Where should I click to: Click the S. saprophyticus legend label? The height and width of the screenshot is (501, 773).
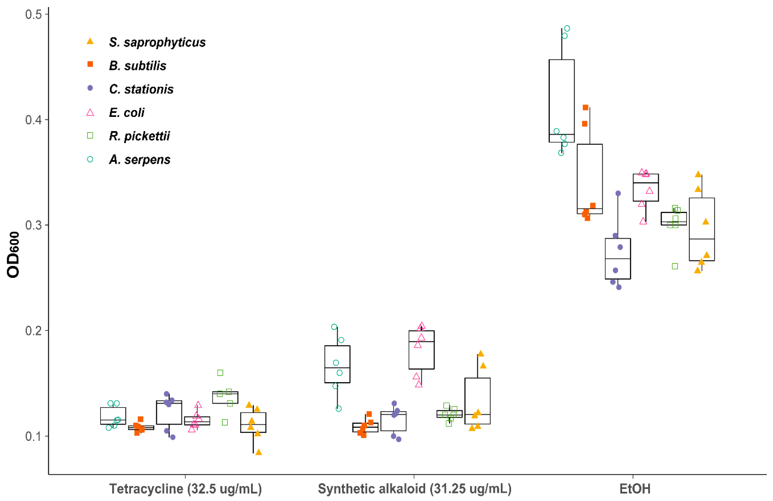point(157,42)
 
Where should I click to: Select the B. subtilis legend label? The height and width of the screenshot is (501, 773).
point(138,66)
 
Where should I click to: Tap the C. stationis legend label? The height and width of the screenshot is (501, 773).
point(141,89)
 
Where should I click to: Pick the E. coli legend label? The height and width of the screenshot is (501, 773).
point(127,113)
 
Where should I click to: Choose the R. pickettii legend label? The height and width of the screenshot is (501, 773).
point(139,136)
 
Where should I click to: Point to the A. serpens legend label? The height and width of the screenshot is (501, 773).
point(140,159)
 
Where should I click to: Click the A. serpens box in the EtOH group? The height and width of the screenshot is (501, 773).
point(562,101)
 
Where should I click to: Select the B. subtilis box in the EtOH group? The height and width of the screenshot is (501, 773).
point(590,179)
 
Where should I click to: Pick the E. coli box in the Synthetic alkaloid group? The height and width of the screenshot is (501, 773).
point(421,350)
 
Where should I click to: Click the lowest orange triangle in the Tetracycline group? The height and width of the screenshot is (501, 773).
point(259,452)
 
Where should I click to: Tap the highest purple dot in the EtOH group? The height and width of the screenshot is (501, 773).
point(618,193)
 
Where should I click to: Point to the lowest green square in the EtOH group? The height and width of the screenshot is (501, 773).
point(674,266)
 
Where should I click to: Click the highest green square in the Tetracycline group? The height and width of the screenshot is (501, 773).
point(220,373)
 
